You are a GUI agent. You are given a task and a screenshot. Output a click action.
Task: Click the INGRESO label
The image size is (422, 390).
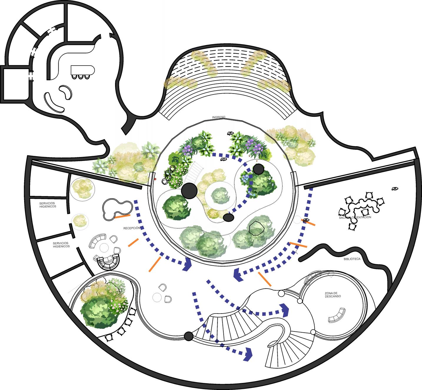click(x=219, y=117)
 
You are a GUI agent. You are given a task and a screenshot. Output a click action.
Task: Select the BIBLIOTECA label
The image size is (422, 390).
click(x=352, y=259)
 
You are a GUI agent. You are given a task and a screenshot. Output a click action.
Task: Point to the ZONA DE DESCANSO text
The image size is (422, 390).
click(x=333, y=295)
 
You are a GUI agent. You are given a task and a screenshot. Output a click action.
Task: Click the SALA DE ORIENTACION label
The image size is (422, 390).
click(x=355, y=217)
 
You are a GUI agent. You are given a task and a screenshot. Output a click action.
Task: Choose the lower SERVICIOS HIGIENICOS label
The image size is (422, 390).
click(x=61, y=245)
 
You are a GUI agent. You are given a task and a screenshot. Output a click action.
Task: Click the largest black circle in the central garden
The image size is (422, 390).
click(x=189, y=190)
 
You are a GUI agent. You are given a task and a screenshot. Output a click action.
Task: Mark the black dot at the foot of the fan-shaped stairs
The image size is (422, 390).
click(x=188, y=336)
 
